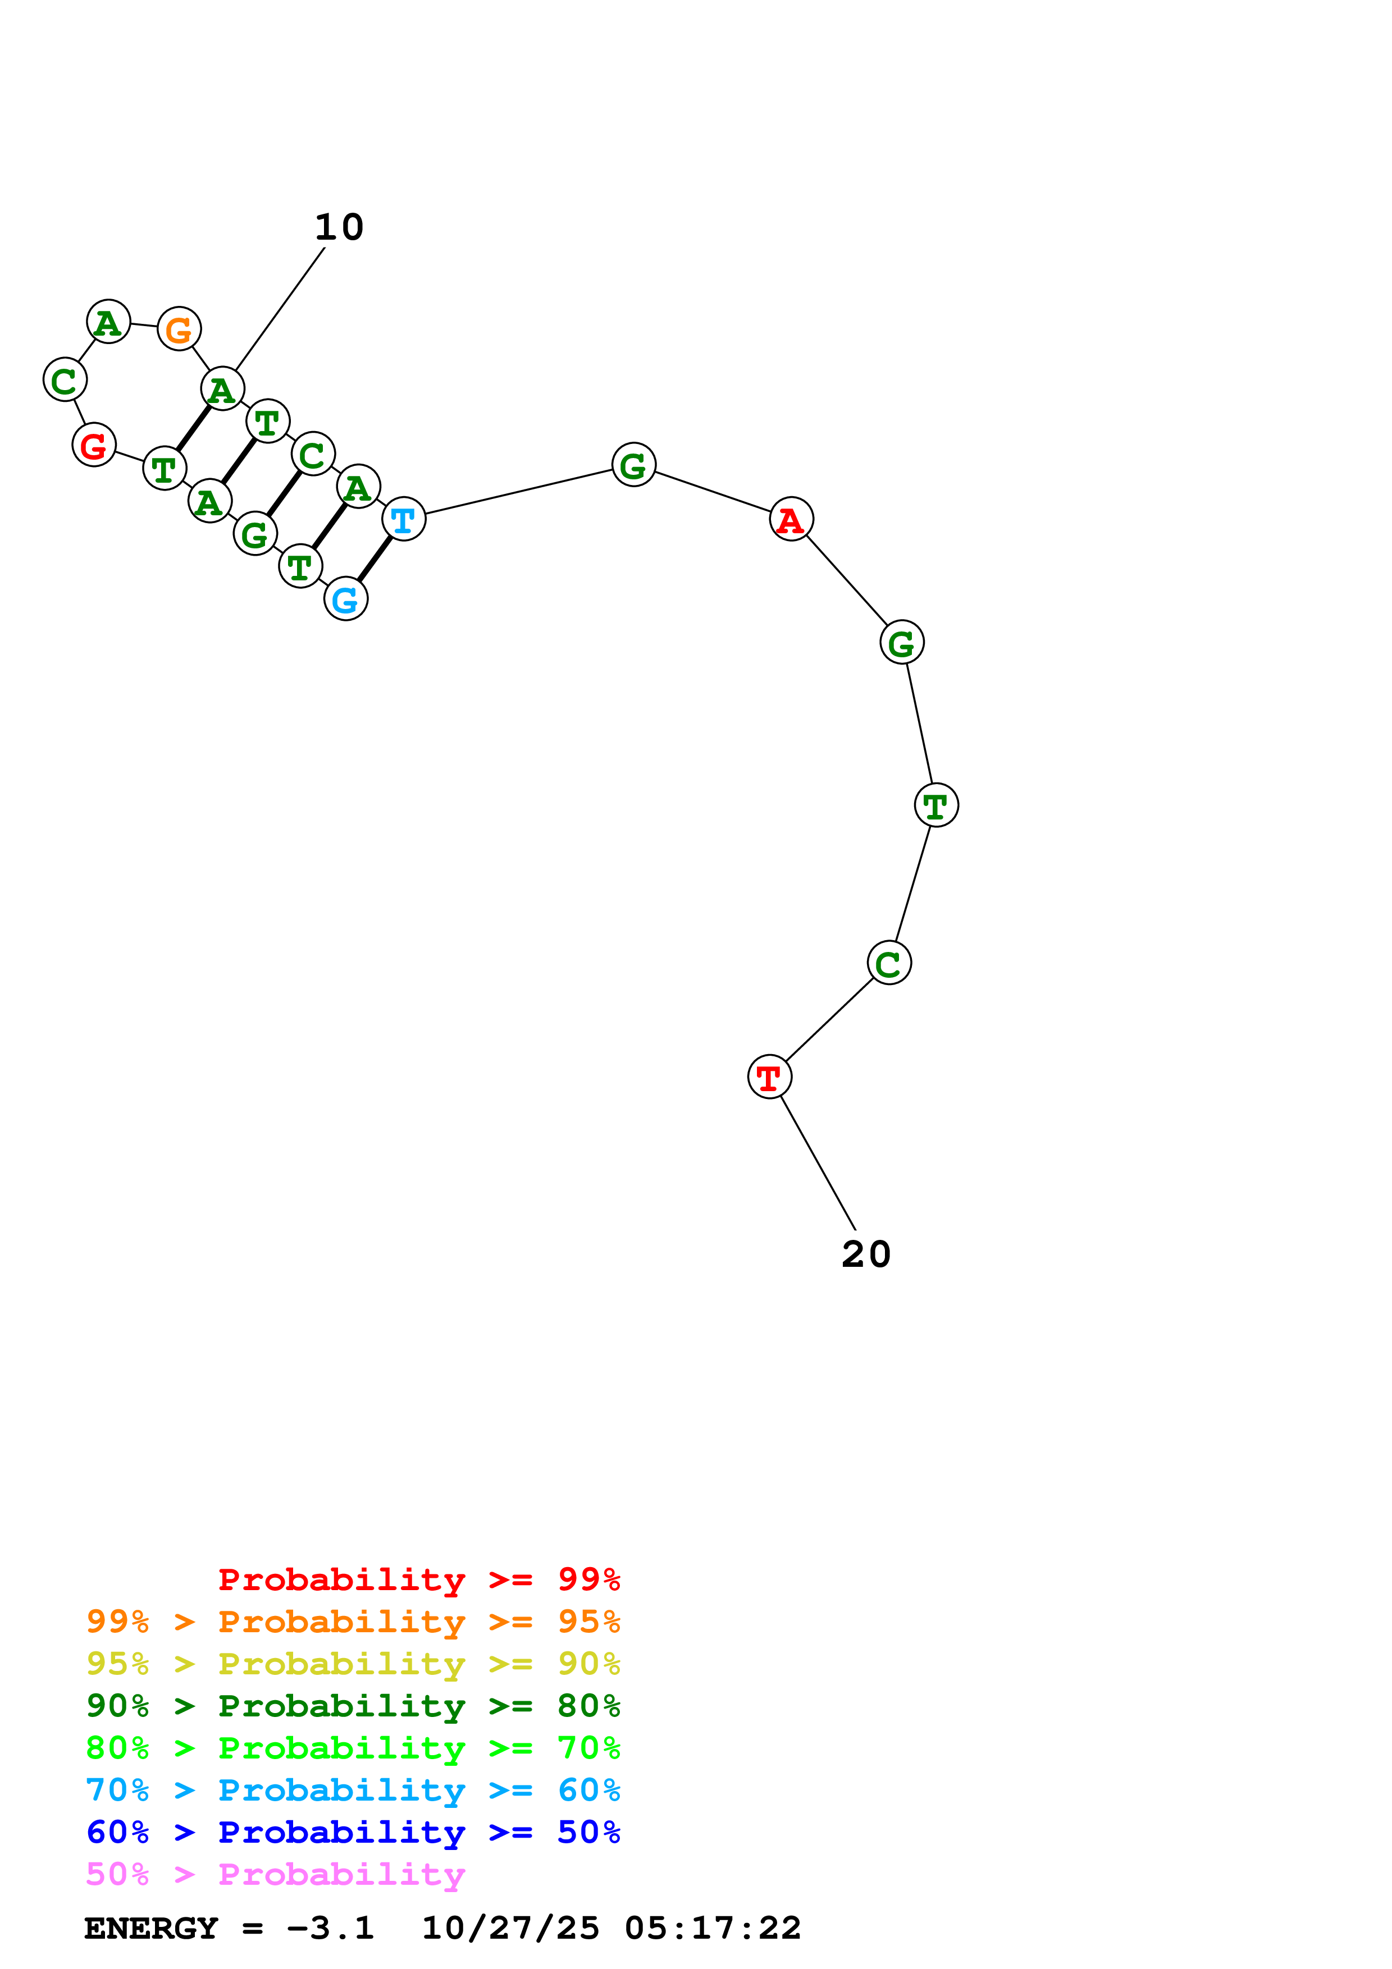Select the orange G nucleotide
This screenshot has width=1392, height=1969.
179,328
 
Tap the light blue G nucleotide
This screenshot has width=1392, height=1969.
346,598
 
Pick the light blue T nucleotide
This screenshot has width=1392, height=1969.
403,519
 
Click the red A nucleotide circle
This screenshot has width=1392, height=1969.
791,519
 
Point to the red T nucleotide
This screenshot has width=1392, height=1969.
769,1076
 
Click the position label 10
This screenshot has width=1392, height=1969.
340,227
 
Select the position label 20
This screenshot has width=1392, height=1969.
866,1254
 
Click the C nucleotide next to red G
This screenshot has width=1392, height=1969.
65,380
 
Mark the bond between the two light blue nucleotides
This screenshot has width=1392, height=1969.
375,558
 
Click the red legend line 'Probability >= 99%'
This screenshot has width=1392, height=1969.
419,1579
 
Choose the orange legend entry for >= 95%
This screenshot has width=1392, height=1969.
353,1621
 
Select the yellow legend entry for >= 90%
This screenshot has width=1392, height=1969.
353,1663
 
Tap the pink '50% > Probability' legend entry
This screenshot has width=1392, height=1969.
275,1874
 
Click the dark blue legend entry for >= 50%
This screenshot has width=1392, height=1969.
353,1832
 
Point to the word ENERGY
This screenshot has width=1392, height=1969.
151,1928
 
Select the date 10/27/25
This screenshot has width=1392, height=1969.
510,1928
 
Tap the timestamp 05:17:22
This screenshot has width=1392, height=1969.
713,1928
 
